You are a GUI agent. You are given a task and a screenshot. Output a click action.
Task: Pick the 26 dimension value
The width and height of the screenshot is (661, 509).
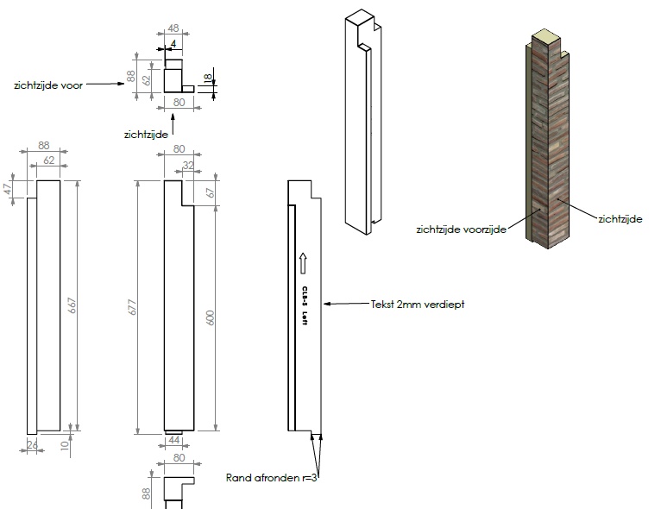tap(33, 445)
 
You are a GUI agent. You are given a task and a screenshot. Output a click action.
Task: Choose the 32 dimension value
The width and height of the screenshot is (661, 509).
tap(187, 167)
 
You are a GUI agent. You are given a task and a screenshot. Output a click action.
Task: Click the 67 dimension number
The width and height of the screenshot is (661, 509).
tap(210, 193)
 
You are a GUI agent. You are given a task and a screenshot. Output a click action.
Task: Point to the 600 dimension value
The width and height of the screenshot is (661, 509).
tap(210, 317)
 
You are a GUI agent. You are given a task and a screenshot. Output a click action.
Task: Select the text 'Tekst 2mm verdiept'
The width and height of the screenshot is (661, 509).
tap(413, 304)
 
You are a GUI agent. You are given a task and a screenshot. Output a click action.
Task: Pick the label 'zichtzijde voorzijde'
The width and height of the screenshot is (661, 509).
tap(461, 229)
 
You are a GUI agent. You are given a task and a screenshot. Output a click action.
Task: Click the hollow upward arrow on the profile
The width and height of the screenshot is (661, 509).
tap(304, 261)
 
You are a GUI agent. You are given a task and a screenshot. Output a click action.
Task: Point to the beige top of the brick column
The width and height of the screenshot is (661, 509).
tap(545, 36)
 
